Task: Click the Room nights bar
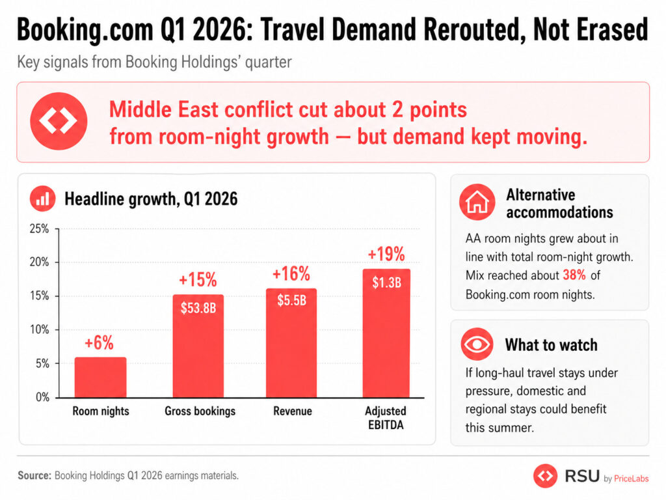pyautogui.click(x=100, y=377)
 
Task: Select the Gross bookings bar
pyautogui.click(x=199, y=346)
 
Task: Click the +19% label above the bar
pyautogui.click(x=386, y=254)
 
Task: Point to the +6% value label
pyautogui.click(x=100, y=343)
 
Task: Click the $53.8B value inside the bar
pyautogui.click(x=199, y=308)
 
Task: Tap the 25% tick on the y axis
pyautogui.click(x=40, y=229)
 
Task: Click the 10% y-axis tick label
pyautogui.click(x=40, y=330)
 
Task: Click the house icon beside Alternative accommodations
pyautogui.click(x=477, y=202)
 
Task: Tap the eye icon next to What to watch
pyautogui.click(x=477, y=344)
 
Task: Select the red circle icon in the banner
pyautogui.click(x=59, y=122)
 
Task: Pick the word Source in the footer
pyautogui.click(x=34, y=476)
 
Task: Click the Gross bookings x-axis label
pyautogui.click(x=200, y=411)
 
